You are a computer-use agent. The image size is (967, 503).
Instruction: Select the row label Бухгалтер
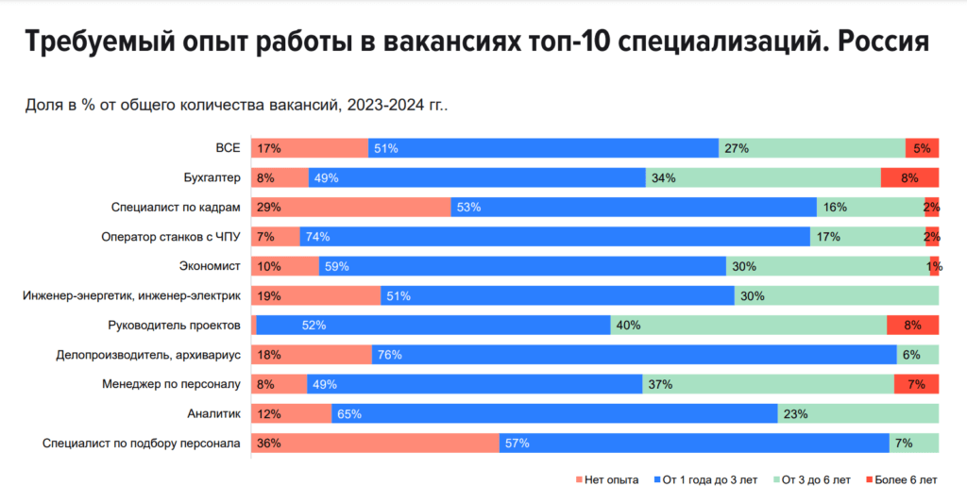(212, 177)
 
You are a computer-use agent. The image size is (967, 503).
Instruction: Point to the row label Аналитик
(215, 413)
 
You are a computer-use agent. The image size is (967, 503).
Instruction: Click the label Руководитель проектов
(175, 325)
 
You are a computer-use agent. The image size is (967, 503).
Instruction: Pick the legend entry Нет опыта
(607, 479)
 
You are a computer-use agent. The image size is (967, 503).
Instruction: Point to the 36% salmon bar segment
(374, 444)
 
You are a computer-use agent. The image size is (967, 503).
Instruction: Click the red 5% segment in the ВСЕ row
(922, 148)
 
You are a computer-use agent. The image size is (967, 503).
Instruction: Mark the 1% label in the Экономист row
(934, 267)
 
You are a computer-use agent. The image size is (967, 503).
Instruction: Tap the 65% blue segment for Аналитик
(553, 413)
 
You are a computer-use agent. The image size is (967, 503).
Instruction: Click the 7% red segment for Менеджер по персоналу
(916, 384)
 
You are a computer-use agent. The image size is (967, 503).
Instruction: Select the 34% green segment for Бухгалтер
(763, 177)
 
